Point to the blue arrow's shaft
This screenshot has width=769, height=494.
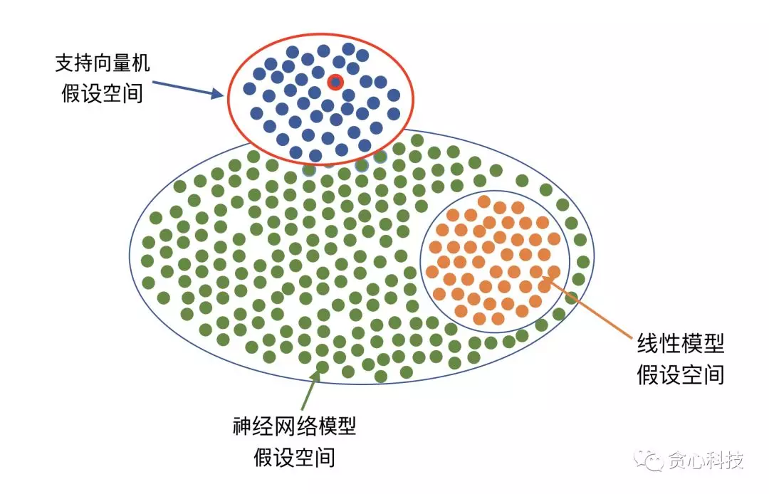(x=182, y=87)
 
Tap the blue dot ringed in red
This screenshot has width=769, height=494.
(x=335, y=83)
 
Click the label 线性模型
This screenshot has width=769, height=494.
(x=680, y=345)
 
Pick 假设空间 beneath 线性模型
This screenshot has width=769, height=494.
(x=680, y=374)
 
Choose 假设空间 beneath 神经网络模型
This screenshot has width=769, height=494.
(x=294, y=456)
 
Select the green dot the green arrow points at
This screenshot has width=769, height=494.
(x=322, y=367)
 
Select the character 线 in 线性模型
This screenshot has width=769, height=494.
(x=647, y=345)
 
